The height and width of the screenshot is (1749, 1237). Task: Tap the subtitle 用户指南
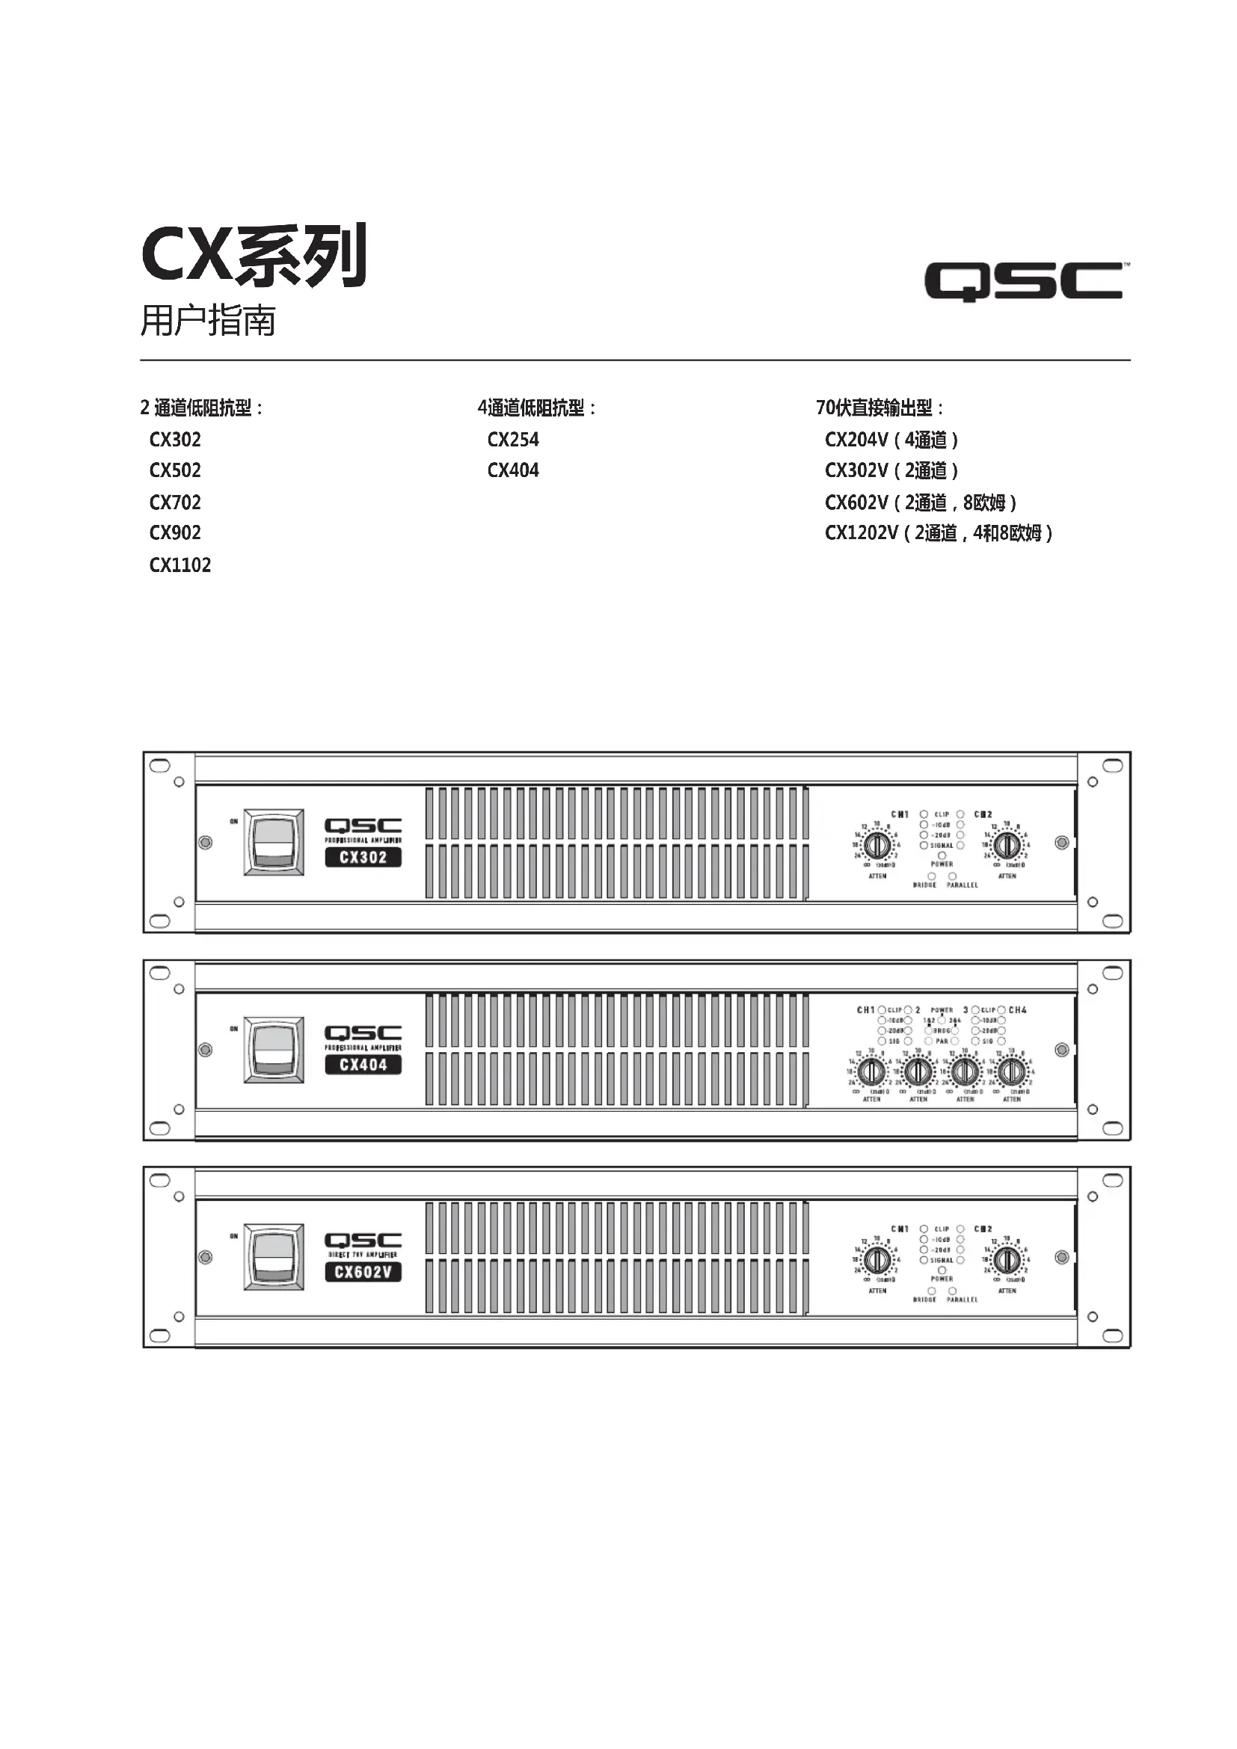(x=207, y=320)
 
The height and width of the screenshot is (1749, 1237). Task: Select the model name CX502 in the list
(x=175, y=470)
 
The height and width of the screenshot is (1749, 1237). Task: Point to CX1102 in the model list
(x=179, y=565)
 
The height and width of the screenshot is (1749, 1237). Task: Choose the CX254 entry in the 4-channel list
(x=512, y=440)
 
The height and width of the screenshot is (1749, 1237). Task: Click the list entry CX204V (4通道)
(x=891, y=440)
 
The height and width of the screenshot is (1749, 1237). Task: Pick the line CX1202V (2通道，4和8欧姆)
(x=939, y=532)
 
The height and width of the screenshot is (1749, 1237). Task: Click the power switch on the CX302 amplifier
(x=274, y=842)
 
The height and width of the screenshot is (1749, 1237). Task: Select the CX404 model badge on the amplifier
(x=363, y=1064)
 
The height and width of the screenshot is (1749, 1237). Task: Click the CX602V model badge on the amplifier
(x=363, y=1271)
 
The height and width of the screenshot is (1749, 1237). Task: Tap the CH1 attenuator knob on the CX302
(x=877, y=845)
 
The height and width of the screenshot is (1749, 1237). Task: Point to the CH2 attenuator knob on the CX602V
(x=1007, y=1260)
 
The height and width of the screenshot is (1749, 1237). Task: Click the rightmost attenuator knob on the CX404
(x=1012, y=1072)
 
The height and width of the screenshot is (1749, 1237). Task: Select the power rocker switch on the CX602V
(x=274, y=1257)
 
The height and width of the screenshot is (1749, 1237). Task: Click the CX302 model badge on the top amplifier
(x=363, y=857)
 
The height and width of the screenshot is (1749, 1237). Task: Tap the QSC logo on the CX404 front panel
(x=363, y=1033)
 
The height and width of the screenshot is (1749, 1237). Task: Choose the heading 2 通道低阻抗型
(x=201, y=408)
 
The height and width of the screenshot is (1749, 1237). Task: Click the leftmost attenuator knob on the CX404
(x=871, y=1072)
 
